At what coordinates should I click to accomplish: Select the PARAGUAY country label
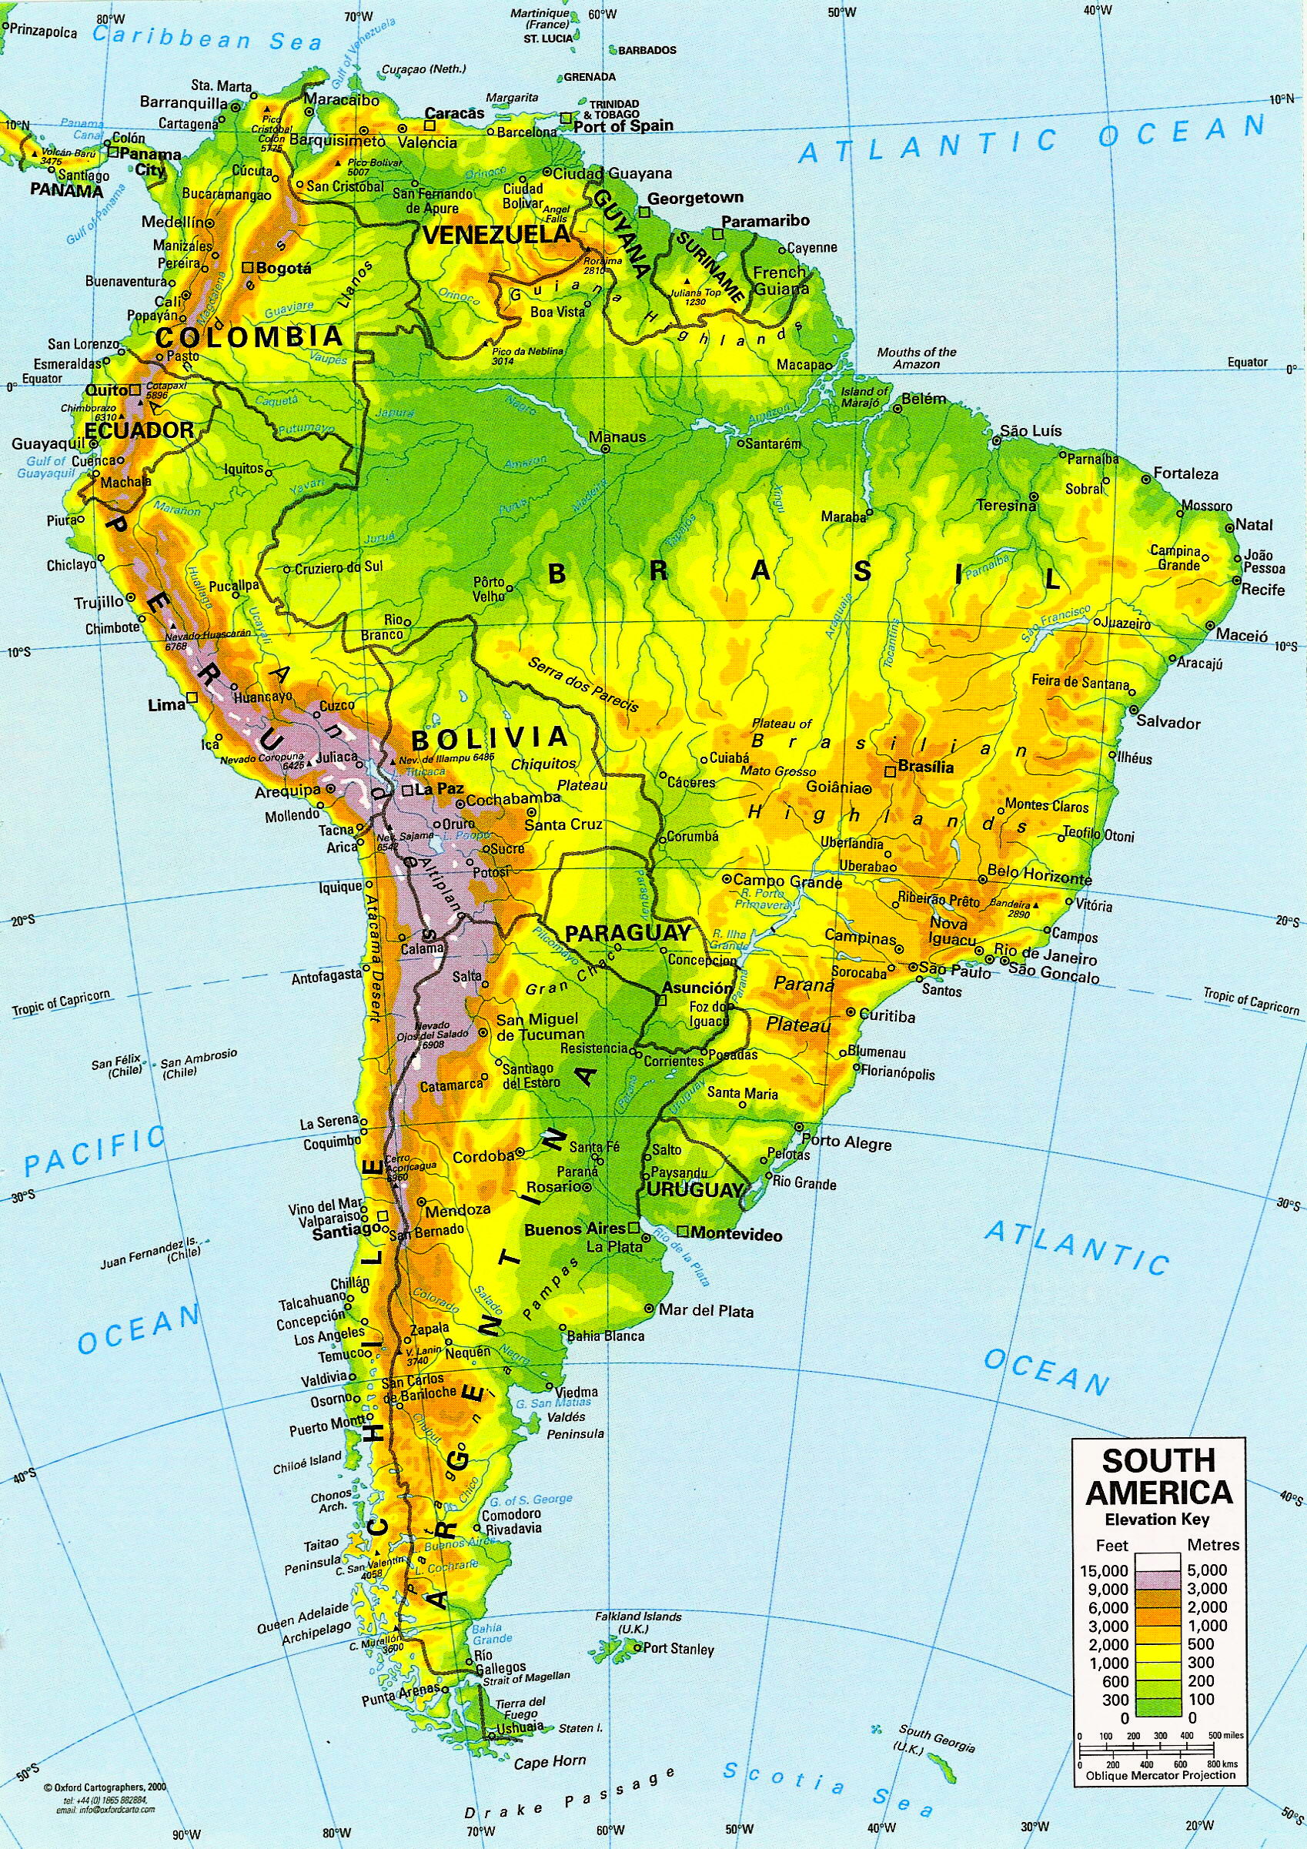coord(628,934)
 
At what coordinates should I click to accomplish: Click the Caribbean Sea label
coord(209,38)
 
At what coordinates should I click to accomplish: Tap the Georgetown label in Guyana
coord(695,197)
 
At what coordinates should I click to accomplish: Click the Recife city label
coord(1262,590)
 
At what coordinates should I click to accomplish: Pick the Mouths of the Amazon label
coord(917,357)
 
